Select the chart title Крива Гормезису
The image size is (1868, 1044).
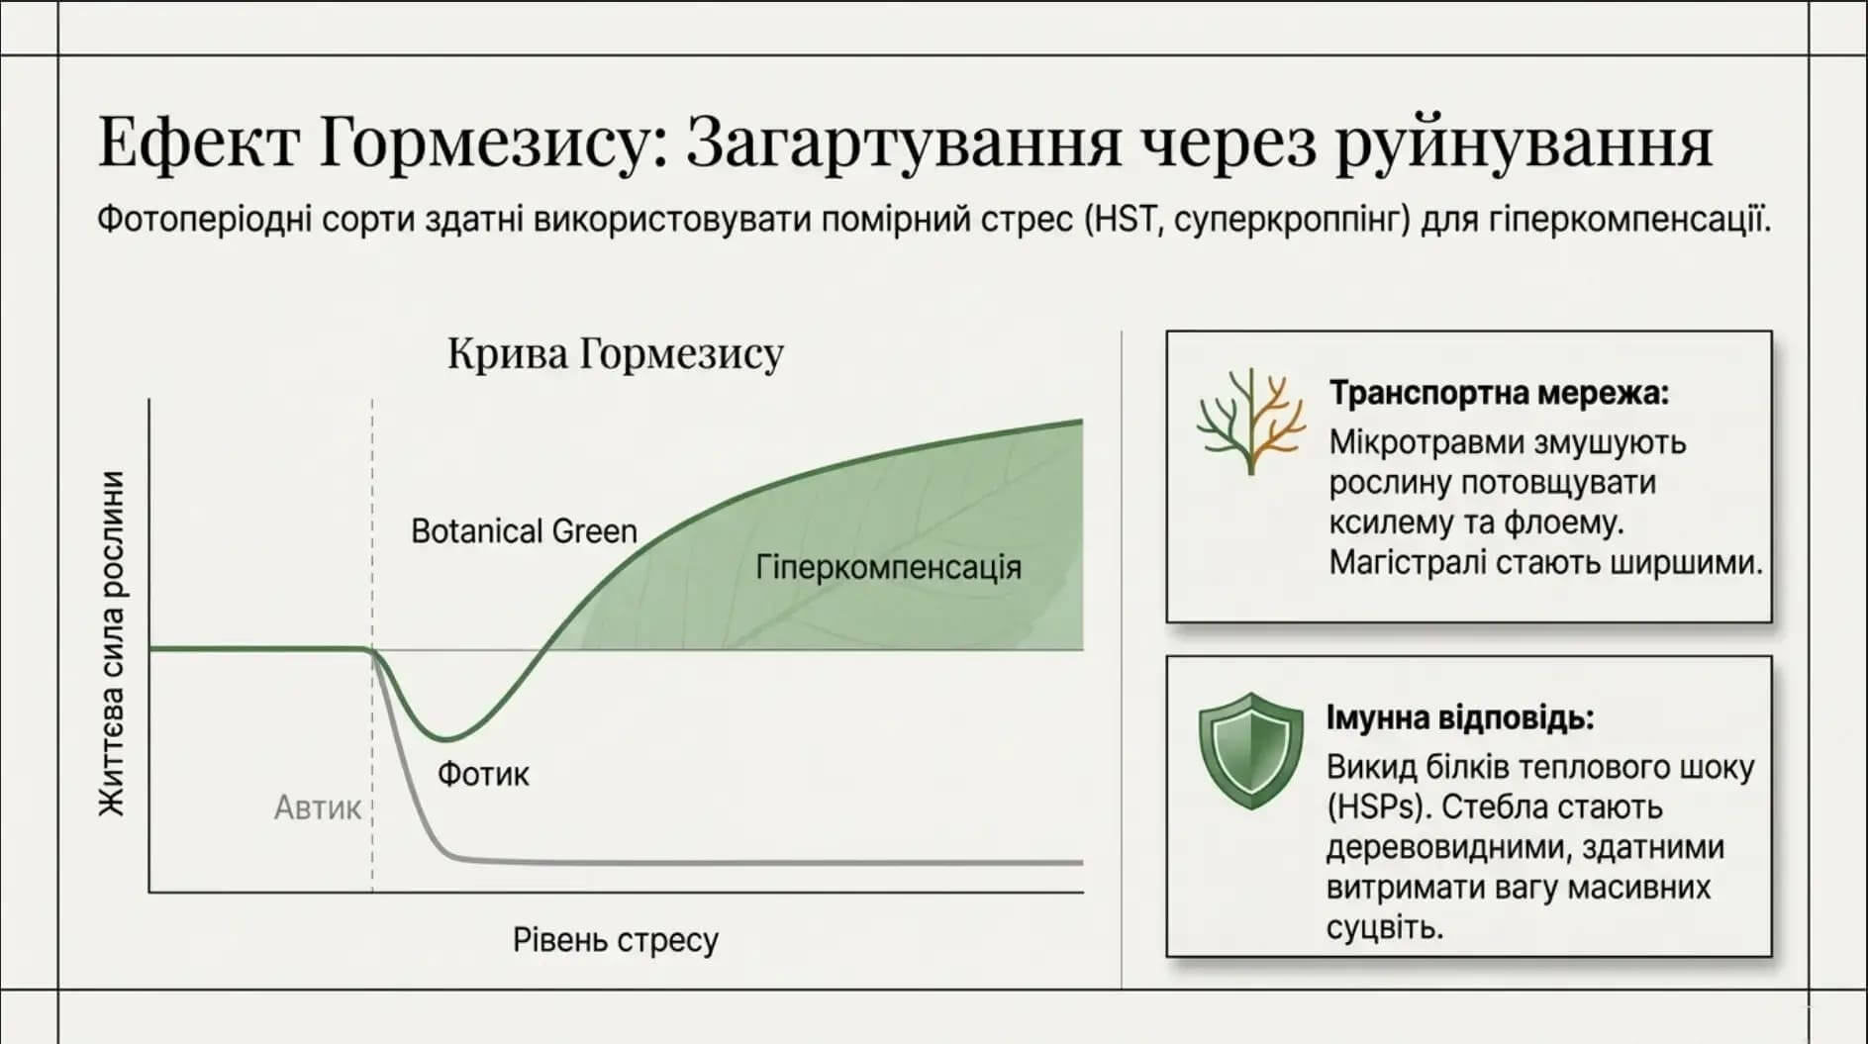(x=615, y=353)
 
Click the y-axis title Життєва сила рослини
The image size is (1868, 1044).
(x=112, y=644)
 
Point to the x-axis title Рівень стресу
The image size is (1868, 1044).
(x=615, y=939)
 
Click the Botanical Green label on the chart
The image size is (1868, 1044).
(x=524, y=531)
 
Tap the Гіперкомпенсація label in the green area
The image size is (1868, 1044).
(x=888, y=568)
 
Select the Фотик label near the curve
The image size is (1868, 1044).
(x=483, y=773)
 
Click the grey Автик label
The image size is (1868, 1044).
(x=318, y=807)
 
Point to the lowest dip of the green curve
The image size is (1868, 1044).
(x=447, y=738)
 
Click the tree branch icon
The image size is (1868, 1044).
(x=1250, y=422)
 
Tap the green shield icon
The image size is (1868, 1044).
(x=1250, y=750)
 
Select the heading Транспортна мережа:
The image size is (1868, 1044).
(x=1499, y=393)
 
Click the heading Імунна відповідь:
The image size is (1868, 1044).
(x=1460, y=717)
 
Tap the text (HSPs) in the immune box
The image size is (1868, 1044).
(x=1379, y=807)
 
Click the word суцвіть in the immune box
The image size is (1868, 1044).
(x=1384, y=927)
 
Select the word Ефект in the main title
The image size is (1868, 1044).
(x=197, y=143)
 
